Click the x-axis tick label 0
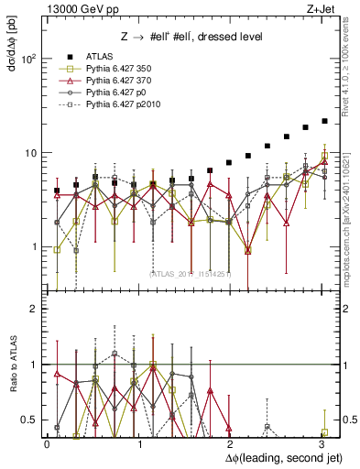(x=48, y=443)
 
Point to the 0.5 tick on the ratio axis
(x=29, y=420)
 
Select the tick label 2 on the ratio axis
(x=33, y=309)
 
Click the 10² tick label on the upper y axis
(x=28, y=59)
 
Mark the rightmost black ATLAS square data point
(x=324, y=121)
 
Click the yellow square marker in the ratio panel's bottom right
(x=324, y=432)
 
